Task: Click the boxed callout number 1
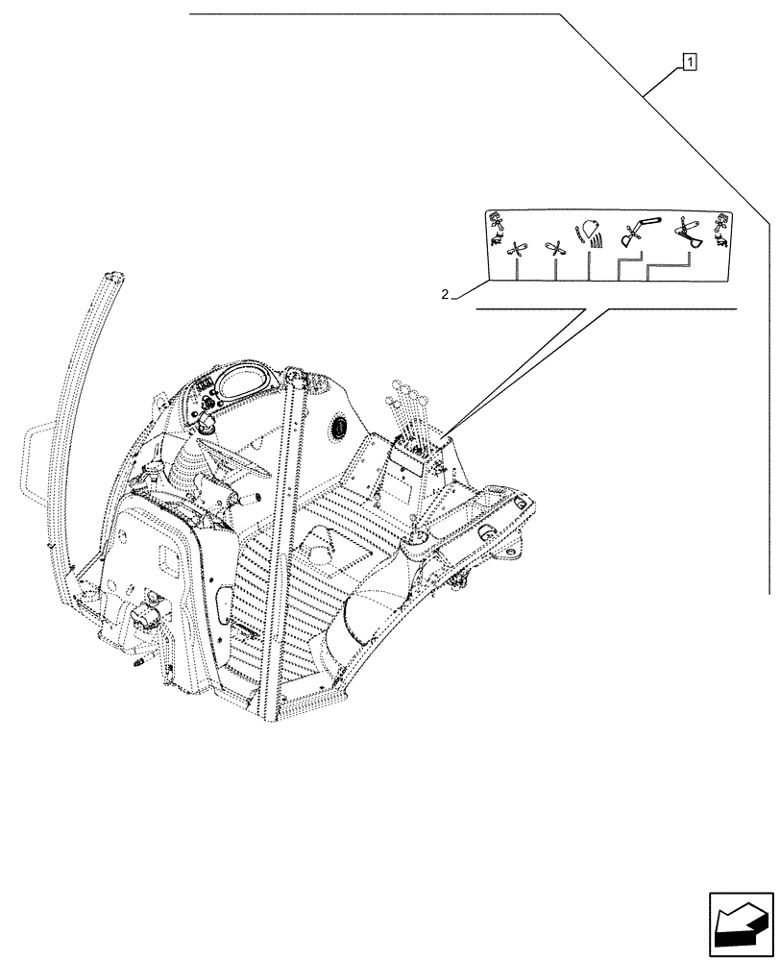coord(689,62)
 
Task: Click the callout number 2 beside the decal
coord(445,294)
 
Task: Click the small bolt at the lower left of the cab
coord(137,662)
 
